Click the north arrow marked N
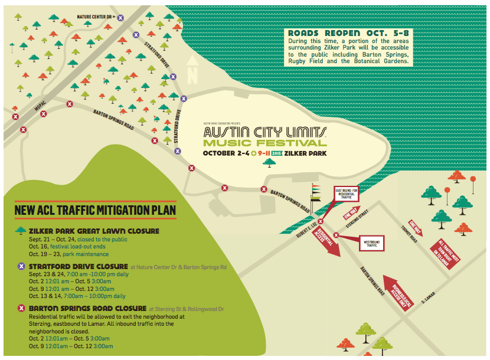[x=192, y=71]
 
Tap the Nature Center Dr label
[x=94, y=17]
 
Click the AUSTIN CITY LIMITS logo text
[x=265, y=130]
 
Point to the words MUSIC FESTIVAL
[x=265, y=143]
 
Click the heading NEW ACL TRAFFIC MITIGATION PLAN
[x=95, y=211]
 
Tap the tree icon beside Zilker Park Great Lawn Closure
[x=21, y=231]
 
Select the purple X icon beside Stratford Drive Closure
[x=21, y=266]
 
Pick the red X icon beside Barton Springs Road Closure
[x=21, y=309]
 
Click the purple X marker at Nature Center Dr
[x=120, y=18]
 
